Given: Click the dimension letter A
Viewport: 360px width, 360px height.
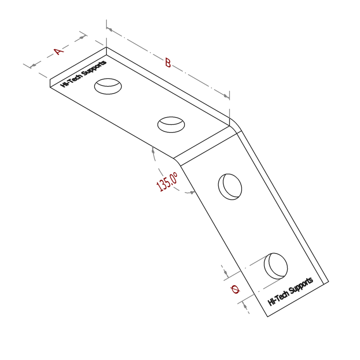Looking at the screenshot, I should [x=59, y=52].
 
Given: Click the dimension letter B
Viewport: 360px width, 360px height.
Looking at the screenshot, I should [x=168, y=63].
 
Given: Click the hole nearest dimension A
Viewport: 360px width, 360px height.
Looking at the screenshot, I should [x=108, y=86].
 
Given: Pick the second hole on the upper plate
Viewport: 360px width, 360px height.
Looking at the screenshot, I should [x=171, y=124].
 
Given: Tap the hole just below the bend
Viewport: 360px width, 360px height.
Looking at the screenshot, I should [x=230, y=186].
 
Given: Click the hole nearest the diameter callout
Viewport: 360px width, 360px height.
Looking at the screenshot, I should [x=276, y=266].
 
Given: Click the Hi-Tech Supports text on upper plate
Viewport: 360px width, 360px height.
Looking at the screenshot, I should [x=83, y=73].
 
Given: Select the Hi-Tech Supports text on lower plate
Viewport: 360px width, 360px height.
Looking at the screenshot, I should [x=290, y=291].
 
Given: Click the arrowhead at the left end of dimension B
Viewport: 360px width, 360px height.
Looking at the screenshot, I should [x=110, y=30].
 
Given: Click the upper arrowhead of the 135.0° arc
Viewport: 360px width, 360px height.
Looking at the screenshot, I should [x=153, y=150].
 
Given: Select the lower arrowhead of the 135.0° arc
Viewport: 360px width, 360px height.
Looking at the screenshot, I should [x=192, y=192].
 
